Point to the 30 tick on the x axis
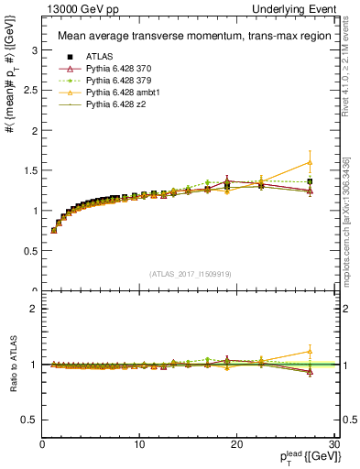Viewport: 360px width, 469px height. [334, 444]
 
